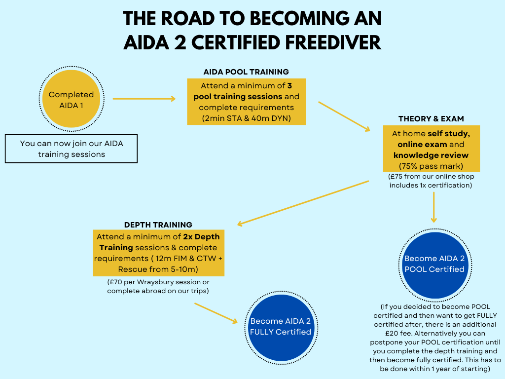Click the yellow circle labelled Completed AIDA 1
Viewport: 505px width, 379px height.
[71, 99]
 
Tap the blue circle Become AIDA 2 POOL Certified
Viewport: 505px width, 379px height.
[434, 264]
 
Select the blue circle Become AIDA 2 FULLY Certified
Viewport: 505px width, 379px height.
[281, 326]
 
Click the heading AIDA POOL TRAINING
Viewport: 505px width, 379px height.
[246, 72]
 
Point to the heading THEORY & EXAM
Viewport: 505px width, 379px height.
[431, 119]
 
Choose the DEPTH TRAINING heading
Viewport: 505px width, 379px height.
[158, 225]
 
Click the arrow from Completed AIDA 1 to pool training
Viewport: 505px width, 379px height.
[144, 99]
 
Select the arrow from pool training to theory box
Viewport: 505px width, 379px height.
[344, 116]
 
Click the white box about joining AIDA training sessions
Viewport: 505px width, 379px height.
[71, 149]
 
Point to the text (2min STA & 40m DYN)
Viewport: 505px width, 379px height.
[246, 118]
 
